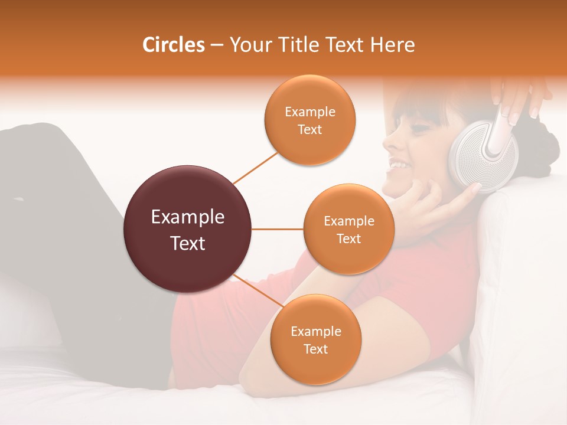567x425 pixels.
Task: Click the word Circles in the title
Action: (173, 45)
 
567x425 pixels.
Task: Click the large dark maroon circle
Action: (187, 229)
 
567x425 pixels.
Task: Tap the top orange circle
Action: (309, 120)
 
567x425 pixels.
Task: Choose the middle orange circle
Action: (348, 229)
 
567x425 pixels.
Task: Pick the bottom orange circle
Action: (315, 339)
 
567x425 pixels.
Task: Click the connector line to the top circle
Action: (256, 167)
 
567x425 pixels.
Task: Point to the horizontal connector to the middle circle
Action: (277, 229)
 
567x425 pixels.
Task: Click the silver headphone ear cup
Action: (475, 155)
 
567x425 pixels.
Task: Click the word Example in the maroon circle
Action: (187, 217)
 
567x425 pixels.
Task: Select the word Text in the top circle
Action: (309, 129)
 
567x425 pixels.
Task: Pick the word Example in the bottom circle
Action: (315, 331)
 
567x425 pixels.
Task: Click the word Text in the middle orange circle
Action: (348, 238)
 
